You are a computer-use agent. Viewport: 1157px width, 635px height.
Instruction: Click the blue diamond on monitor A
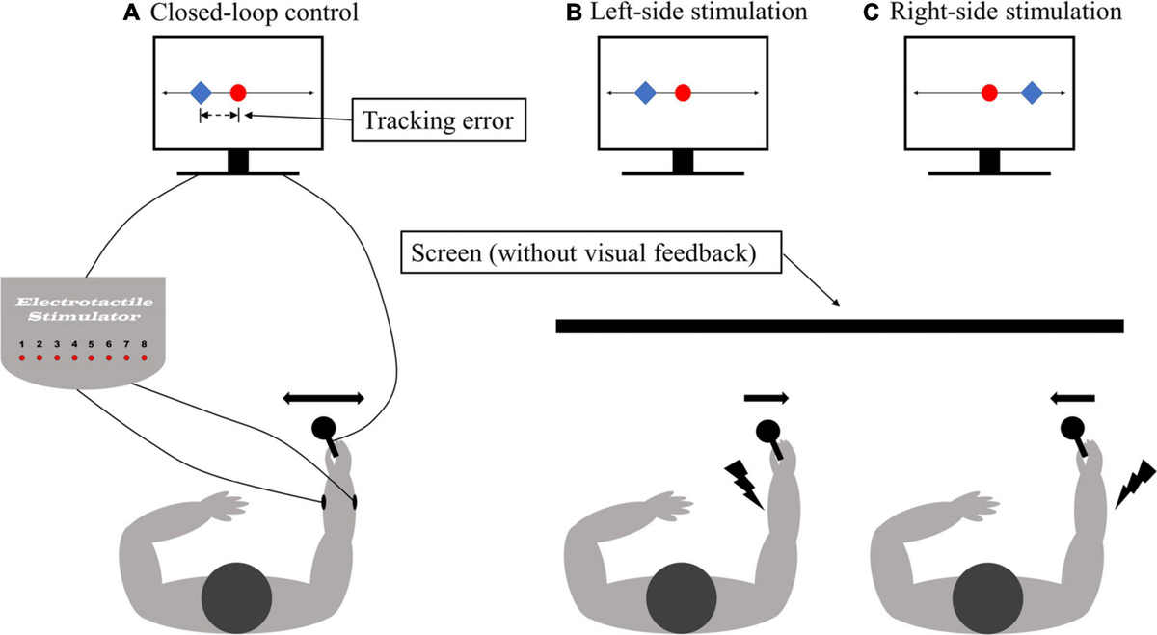pos(200,93)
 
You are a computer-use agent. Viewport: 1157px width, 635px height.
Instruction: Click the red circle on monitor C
pos(988,93)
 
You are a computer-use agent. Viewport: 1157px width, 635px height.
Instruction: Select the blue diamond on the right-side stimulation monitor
pos(1032,93)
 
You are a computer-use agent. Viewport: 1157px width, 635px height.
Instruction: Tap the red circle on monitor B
pos(683,93)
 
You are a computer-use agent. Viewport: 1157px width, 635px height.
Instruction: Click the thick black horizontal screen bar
pos(839,326)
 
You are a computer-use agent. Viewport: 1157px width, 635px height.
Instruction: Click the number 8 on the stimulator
pos(144,343)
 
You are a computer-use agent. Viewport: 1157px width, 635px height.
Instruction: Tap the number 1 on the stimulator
pos(23,343)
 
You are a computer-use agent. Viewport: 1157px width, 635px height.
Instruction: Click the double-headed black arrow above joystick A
pos(323,397)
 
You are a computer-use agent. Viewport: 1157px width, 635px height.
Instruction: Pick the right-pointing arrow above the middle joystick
pos(767,396)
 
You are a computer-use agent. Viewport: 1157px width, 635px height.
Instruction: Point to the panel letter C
pos(896,13)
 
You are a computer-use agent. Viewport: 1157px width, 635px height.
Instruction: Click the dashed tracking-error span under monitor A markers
pos(219,116)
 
